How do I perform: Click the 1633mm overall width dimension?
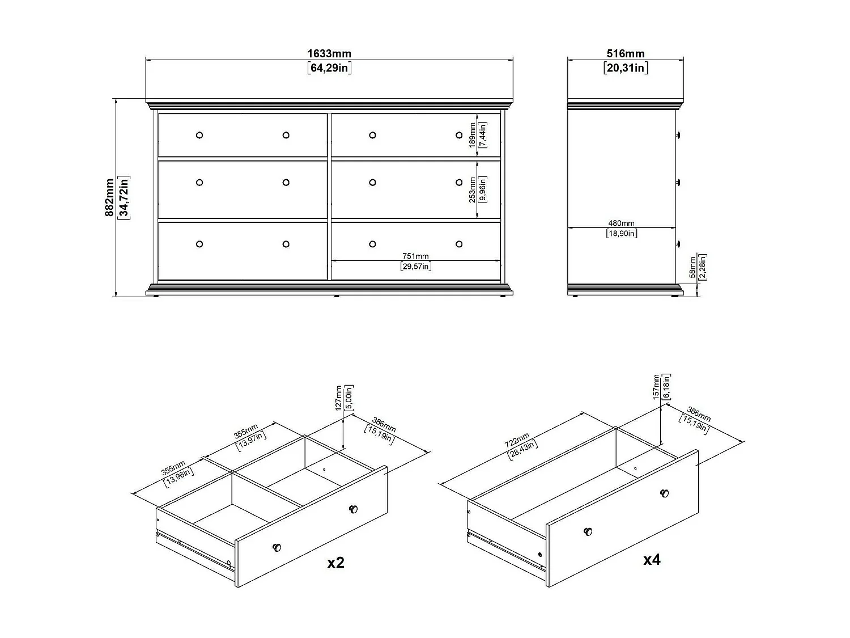coord(329,54)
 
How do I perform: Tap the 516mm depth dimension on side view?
coord(626,54)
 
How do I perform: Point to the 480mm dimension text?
coord(622,223)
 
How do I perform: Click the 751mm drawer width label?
coord(416,256)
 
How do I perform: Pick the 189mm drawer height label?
coord(473,136)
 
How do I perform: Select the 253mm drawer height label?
coord(473,189)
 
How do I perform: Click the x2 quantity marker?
coord(335,563)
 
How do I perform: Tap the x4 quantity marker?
coord(652,560)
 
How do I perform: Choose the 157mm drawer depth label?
coord(657,387)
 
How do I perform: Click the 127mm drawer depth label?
coord(338,398)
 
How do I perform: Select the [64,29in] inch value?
coord(329,68)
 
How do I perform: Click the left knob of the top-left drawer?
coord(199,135)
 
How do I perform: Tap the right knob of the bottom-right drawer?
coord(459,244)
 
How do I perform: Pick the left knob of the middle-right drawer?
coord(372,182)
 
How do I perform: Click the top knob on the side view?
coord(678,135)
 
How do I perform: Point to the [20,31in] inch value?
coord(626,68)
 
